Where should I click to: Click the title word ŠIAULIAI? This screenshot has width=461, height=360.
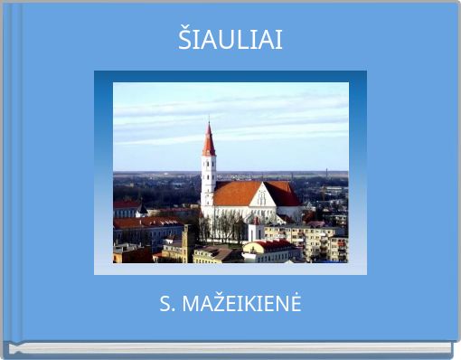click(x=230, y=40)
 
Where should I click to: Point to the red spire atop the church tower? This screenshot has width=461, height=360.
click(x=209, y=143)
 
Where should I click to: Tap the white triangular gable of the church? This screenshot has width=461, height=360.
click(x=262, y=196)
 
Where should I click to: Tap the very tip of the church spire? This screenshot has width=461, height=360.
click(x=209, y=122)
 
